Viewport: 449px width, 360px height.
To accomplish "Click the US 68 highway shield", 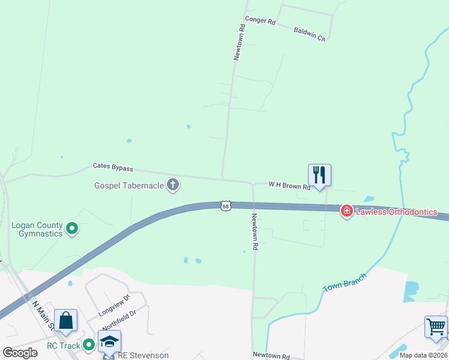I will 225,206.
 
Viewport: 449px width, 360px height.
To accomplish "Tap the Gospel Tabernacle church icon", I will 173,185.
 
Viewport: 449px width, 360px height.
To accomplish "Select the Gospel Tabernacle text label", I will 129,185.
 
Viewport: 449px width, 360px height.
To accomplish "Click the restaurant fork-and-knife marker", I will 319,175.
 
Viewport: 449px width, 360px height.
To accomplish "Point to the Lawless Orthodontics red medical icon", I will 346,211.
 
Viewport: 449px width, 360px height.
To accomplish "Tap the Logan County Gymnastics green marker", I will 72,228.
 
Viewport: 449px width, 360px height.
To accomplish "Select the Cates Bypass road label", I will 113,168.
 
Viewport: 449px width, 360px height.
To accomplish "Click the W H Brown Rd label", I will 289,186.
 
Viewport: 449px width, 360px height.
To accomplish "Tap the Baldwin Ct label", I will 310,34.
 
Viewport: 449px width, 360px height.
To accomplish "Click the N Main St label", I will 43,315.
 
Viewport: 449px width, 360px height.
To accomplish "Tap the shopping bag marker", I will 65,321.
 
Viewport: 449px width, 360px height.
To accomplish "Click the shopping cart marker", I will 436,327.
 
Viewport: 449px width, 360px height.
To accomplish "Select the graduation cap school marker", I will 109,341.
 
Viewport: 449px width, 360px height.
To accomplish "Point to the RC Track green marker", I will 89,344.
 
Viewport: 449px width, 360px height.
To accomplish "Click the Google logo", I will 20,353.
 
